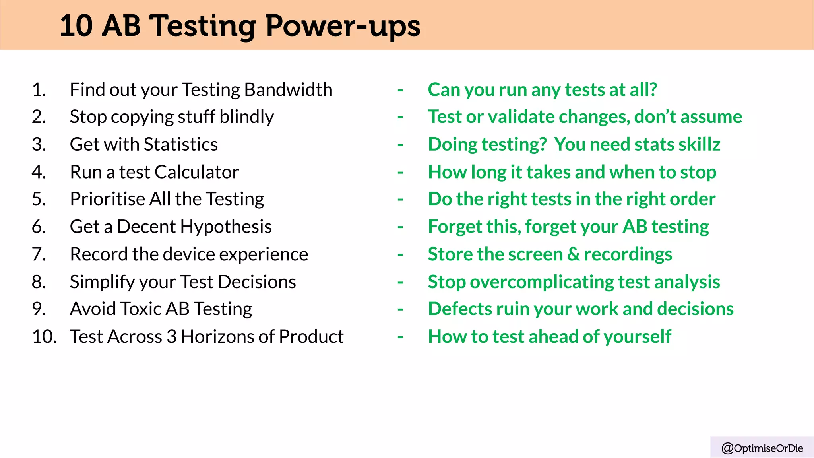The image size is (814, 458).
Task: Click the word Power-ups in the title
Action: (x=343, y=26)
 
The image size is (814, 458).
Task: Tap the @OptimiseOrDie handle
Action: (x=762, y=448)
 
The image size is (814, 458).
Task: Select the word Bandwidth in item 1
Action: (x=288, y=89)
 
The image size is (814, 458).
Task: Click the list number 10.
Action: (x=44, y=336)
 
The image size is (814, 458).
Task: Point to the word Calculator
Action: (x=197, y=172)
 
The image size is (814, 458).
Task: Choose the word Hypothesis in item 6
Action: (x=226, y=227)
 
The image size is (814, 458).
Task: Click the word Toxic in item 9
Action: (x=141, y=309)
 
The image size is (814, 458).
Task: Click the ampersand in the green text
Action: (x=573, y=254)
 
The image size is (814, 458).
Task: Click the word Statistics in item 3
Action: (x=180, y=144)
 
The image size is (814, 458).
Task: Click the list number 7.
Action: (x=39, y=254)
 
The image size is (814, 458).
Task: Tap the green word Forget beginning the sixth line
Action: (x=455, y=227)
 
